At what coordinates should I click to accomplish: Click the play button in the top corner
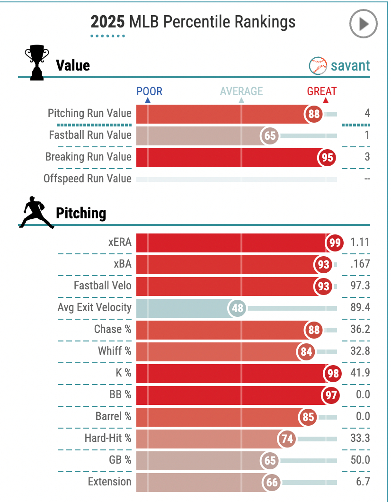[x=363, y=24]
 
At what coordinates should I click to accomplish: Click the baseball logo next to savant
[x=318, y=66]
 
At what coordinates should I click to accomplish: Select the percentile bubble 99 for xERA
[x=335, y=243]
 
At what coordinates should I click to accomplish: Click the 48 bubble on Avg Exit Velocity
[x=238, y=308]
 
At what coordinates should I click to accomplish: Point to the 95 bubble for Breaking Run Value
[x=327, y=158]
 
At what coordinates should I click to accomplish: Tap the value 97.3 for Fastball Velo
[x=360, y=286]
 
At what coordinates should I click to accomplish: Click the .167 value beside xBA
[x=360, y=264]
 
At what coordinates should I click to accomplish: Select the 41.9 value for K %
[x=360, y=373]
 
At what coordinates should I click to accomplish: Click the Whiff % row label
[x=115, y=351]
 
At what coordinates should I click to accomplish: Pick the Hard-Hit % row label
[x=108, y=438]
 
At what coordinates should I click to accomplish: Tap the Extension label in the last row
[x=109, y=482]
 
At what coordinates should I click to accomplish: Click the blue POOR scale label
[x=149, y=91]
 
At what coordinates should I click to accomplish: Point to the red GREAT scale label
[x=322, y=91]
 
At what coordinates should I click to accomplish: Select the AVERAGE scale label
[x=241, y=91]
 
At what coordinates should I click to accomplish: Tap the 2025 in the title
[x=108, y=22]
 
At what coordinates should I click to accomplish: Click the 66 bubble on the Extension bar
[x=272, y=483]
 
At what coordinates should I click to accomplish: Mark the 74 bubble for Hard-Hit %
[x=287, y=439]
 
